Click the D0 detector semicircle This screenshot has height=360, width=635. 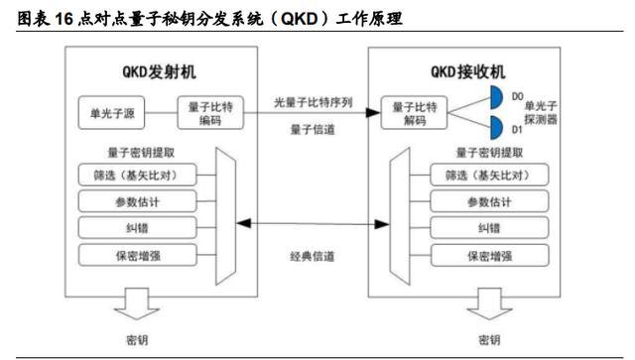tap(496, 97)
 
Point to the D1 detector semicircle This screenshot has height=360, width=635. tap(496, 127)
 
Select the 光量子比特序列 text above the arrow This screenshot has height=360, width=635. tap(310, 102)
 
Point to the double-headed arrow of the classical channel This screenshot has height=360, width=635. tap(311, 228)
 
